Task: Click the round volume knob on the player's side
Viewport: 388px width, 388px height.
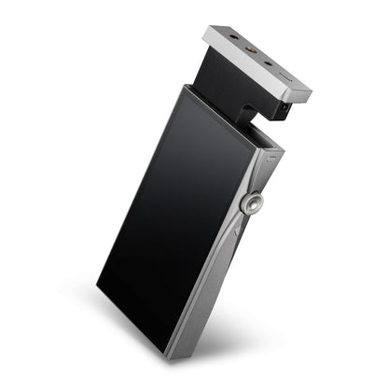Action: tap(253, 204)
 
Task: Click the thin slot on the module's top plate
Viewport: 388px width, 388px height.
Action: tap(284, 67)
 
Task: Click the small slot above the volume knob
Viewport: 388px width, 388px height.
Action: tap(270, 159)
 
